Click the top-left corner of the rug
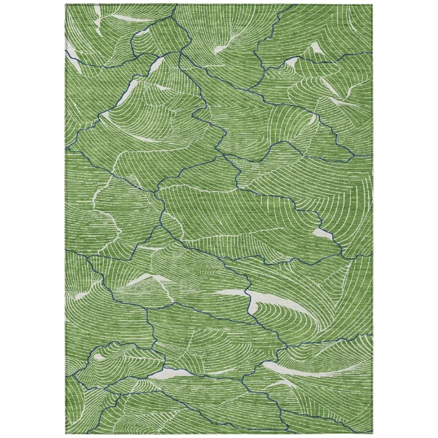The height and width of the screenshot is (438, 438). [66, 5]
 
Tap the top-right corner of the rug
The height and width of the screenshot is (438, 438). [373, 5]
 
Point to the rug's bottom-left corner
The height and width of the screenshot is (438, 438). [66, 433]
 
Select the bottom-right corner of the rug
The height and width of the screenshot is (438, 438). [373, 433]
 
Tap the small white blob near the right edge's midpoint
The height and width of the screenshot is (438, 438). [323, 234]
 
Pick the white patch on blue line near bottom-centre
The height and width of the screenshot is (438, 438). [171, 373]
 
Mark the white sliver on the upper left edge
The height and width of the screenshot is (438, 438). [73, 56]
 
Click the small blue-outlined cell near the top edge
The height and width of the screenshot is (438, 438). [160, 38]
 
